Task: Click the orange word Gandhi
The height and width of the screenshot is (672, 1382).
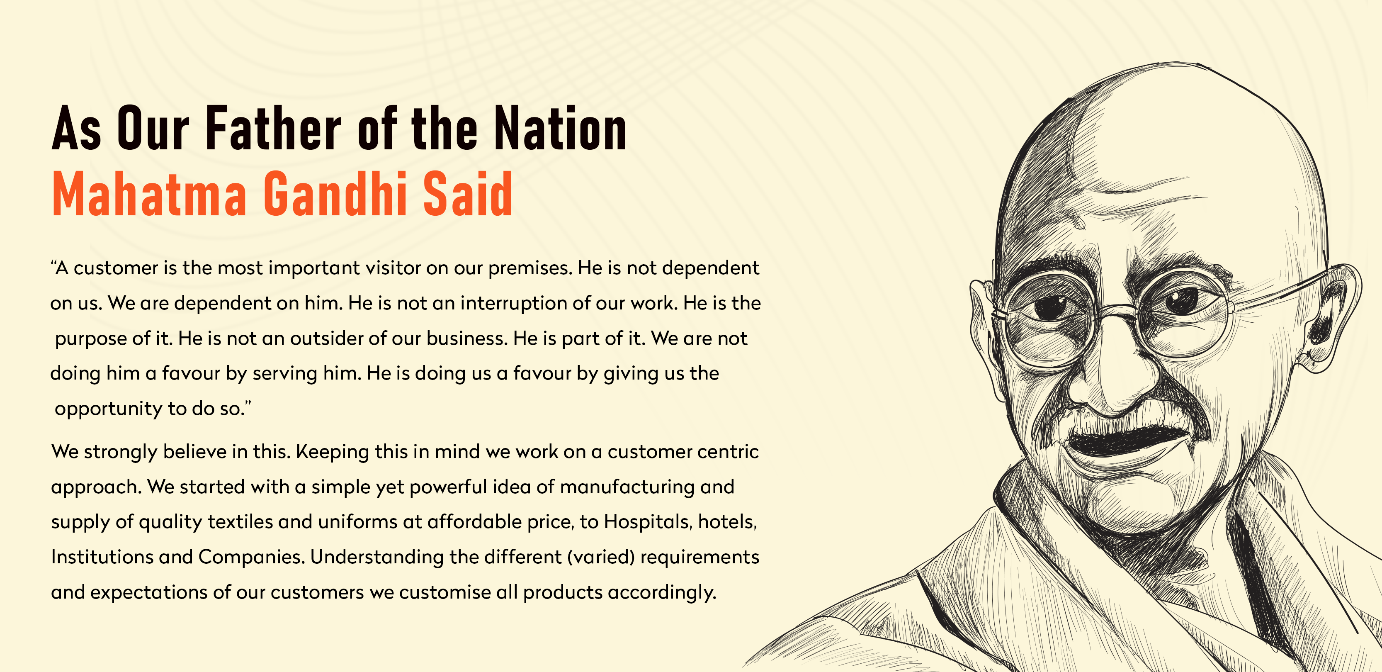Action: [x=335, y=194]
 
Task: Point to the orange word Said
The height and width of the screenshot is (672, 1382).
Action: [x=468, y=194]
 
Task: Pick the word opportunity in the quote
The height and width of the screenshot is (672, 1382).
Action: [x=108, y=409]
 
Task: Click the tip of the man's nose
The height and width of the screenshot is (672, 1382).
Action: [x=1113, y=400]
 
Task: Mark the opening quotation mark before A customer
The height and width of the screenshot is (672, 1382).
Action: [x=53, y=263]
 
